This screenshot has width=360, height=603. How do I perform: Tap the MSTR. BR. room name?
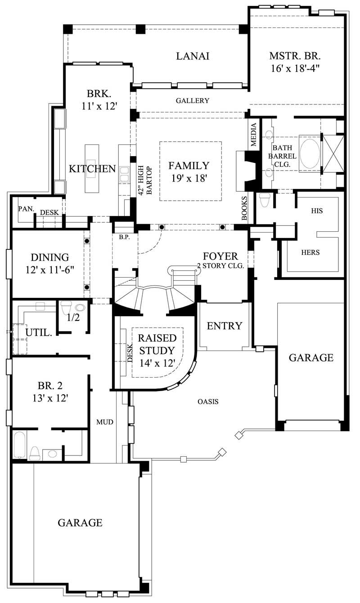click(295, 56)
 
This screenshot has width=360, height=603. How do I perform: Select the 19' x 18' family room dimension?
click(189, 178)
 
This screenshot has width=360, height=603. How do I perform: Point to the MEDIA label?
click(254, 135)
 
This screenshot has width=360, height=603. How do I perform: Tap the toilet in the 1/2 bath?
click(66, 308)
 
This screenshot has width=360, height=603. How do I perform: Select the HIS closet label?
click(317, 211)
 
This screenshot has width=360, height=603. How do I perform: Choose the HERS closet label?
click(310, 252)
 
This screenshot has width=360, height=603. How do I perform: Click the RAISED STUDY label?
click(157, 344)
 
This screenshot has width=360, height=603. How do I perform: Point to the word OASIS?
click(208, 401)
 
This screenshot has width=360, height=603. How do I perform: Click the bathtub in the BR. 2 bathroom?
click(19, 445)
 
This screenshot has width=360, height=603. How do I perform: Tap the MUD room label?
click(104, 422)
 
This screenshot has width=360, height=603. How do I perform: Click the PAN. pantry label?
click(24, 209)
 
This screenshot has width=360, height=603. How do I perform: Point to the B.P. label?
click(124, 237)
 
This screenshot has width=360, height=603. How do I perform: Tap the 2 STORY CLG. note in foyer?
click(220, 266)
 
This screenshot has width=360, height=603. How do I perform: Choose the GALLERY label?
click(192, 101)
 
